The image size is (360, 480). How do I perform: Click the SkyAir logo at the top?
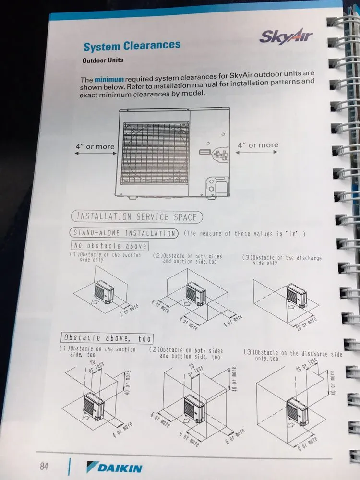286,36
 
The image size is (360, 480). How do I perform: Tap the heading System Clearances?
132,46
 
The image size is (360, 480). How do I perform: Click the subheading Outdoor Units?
103,60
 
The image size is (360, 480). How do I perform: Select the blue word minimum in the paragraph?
109,79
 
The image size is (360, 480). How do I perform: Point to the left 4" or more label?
95,146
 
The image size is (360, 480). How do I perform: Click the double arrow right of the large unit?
256,152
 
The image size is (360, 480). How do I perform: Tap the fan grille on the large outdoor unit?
156,153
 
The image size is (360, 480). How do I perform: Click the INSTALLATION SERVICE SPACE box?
137,217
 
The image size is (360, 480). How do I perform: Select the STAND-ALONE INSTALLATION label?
124,233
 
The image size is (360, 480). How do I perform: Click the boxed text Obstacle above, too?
107,338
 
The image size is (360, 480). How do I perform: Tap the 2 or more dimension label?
129,310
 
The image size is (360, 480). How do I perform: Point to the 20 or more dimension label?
306,324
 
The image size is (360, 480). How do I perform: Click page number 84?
44,466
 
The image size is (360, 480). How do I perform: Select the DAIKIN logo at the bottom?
114,468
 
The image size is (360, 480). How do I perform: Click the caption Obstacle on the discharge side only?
282,260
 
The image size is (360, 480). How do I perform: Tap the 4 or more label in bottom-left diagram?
122,430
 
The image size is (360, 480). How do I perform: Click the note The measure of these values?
244,234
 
